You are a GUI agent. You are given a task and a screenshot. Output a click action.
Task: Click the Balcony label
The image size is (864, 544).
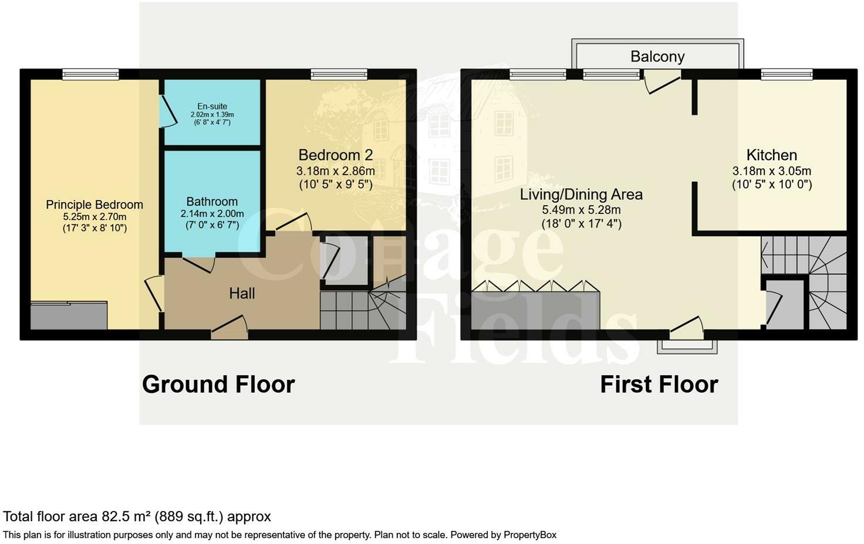[657, 57]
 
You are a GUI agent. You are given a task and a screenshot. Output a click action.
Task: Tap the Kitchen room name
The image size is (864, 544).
[771, 155]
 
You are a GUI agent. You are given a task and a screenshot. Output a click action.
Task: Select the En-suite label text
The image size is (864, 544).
[212, 106]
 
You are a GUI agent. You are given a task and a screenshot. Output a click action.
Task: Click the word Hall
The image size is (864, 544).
[242, 294]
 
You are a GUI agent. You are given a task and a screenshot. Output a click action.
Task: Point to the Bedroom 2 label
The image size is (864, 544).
[336, 155]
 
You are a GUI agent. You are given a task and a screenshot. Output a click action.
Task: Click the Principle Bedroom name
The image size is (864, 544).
[95, 205]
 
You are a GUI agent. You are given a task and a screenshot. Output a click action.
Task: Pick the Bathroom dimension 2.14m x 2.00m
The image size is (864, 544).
[212, 214]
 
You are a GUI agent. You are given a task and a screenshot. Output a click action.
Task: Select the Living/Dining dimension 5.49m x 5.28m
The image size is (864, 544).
[581, 210]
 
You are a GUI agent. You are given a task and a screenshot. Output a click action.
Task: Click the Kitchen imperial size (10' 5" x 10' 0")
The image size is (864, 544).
[772, 185]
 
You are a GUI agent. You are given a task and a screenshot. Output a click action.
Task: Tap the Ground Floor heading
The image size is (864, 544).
[218, 384]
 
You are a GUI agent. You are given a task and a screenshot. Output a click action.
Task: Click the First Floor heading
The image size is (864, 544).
[659, 384]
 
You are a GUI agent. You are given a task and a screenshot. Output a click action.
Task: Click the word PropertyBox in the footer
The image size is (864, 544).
[530, 535]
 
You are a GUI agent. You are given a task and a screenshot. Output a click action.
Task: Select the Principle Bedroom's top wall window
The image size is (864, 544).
[90, 74]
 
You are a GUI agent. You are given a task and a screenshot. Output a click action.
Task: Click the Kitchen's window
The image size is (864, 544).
[787, 74]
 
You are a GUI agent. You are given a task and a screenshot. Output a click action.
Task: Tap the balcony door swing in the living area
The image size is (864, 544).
[662, 81]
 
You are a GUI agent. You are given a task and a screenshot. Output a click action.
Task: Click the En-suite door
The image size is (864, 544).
[168, 111]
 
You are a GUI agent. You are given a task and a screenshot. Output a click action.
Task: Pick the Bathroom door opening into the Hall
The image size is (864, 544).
[198, 263]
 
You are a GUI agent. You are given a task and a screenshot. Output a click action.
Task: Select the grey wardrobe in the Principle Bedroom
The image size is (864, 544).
[69, 315]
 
